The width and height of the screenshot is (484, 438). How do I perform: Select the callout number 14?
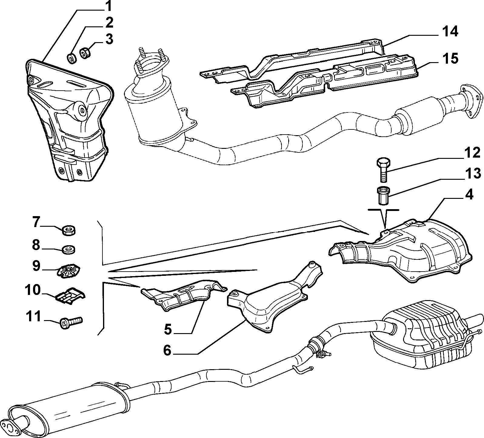tap(449, 32)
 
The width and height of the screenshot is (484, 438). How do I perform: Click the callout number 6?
tap(167, 350)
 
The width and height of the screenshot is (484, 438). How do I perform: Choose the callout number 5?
tap(167, 329)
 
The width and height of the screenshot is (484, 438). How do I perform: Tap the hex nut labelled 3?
tap(84, 53)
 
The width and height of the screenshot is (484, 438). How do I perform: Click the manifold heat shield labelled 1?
tap(68, 120)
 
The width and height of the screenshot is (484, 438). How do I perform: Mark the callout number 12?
tap(472, 153)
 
